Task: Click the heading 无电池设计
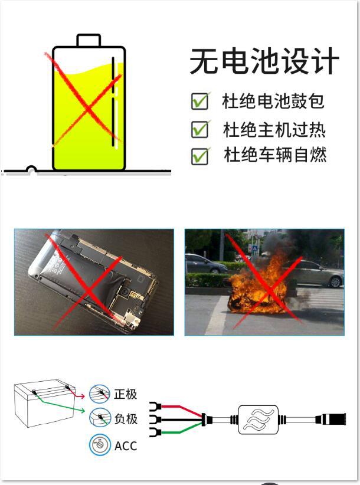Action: pos(264,62)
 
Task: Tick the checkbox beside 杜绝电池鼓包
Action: pos(199,101)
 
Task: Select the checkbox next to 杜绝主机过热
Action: pos(199,129)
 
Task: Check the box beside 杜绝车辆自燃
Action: pos(199,156)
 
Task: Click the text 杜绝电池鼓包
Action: pos(273,101)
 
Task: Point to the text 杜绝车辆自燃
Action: pos(275,156)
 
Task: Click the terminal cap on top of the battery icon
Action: pos(89,40)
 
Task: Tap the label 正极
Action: pos(126,394)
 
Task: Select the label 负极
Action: pos(126,419)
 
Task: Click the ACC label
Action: pos(126,445)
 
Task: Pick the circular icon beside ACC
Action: pos(100,445)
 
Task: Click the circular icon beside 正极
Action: pos(100,394)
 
